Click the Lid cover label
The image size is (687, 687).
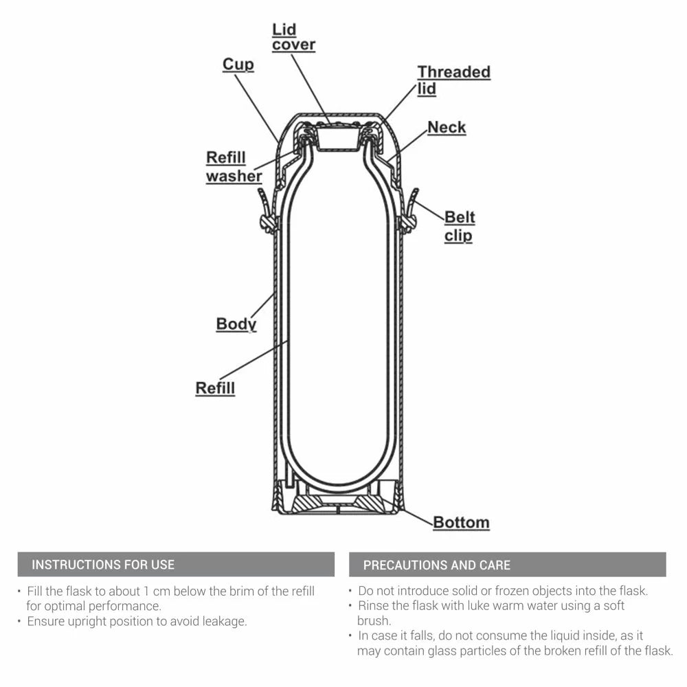293,37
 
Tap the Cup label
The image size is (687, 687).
238,64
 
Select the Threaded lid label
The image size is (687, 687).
453,80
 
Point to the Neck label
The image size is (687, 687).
447,127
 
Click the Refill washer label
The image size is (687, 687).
234,167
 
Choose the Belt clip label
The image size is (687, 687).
459,226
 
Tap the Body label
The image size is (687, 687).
236,324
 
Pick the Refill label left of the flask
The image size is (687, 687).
215,387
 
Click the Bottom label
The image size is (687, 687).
461,522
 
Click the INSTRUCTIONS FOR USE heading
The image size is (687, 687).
103,565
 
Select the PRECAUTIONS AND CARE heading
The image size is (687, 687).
436,565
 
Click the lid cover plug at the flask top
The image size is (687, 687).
337,139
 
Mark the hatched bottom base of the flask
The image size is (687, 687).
337,504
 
